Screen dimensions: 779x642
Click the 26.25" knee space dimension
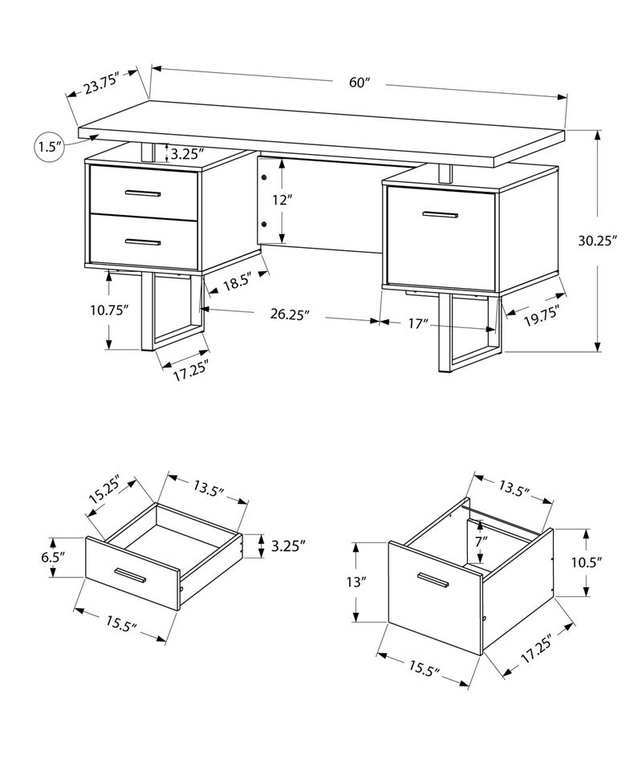(290, 315)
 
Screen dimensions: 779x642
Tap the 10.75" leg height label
(110, 310)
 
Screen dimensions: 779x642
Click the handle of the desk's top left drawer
(143, 193)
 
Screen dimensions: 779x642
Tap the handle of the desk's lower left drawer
(143, 241)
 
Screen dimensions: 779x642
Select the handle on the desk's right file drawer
(439, 214)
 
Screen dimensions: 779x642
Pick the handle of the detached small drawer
(130, 575)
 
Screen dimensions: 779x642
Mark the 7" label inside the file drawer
(480, 542)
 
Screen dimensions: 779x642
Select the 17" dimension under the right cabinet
(416, 323)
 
